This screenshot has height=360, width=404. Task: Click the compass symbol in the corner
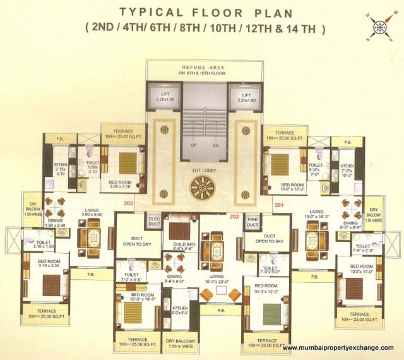[x=379, y=27]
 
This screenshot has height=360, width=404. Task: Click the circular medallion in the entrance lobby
[x=203, y=186]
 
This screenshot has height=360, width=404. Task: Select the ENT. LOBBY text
[x=203, y=171]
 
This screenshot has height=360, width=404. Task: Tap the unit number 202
[x=217, y=218]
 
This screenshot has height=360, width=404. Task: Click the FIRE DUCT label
[x=251, y=222]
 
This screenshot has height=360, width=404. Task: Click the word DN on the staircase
[x=215, y=145]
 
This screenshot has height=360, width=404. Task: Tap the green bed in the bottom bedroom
[x=270, y=312]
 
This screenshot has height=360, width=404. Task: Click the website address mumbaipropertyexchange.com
[x=338, y=348]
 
